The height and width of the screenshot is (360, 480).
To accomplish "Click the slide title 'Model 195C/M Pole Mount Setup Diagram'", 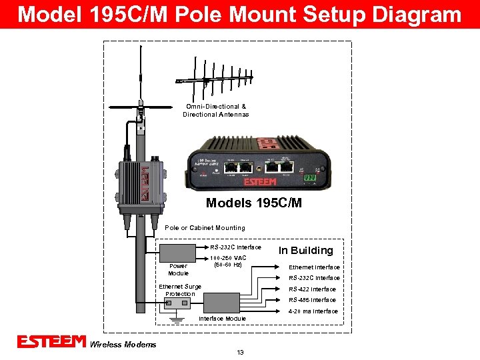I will click(x=239, y=14).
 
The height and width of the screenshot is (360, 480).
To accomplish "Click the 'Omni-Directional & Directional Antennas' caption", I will click(x=216, y=111).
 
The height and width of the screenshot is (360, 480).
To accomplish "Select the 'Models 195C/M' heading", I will click(x=253, y=203).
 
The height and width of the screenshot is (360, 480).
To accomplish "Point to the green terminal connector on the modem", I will click(x=309, y=178).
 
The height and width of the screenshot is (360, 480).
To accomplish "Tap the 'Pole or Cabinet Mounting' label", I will click(x=205, y=228).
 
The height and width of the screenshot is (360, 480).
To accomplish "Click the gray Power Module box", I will click(x=181, y=253).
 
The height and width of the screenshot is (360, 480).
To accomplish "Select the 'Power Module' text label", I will click(x=178, y=269).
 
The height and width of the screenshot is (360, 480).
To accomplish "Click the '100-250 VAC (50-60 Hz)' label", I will click(x=227, y=261).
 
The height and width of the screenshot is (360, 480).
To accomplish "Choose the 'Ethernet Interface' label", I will click(x=314, y=267).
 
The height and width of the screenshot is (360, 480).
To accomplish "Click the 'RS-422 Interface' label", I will click(x=312, y=289).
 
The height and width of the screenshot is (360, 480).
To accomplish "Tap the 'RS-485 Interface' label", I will click(x=312, y=300).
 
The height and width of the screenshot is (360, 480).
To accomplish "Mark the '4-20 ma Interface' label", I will click(x=313, y=311).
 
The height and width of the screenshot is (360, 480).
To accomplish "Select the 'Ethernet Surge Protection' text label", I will click(x=180, y=290).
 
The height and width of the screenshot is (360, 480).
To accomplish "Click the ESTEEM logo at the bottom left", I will click(x=51, y=342).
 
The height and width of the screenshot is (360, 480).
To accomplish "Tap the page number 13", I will click(x=240, y=353).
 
